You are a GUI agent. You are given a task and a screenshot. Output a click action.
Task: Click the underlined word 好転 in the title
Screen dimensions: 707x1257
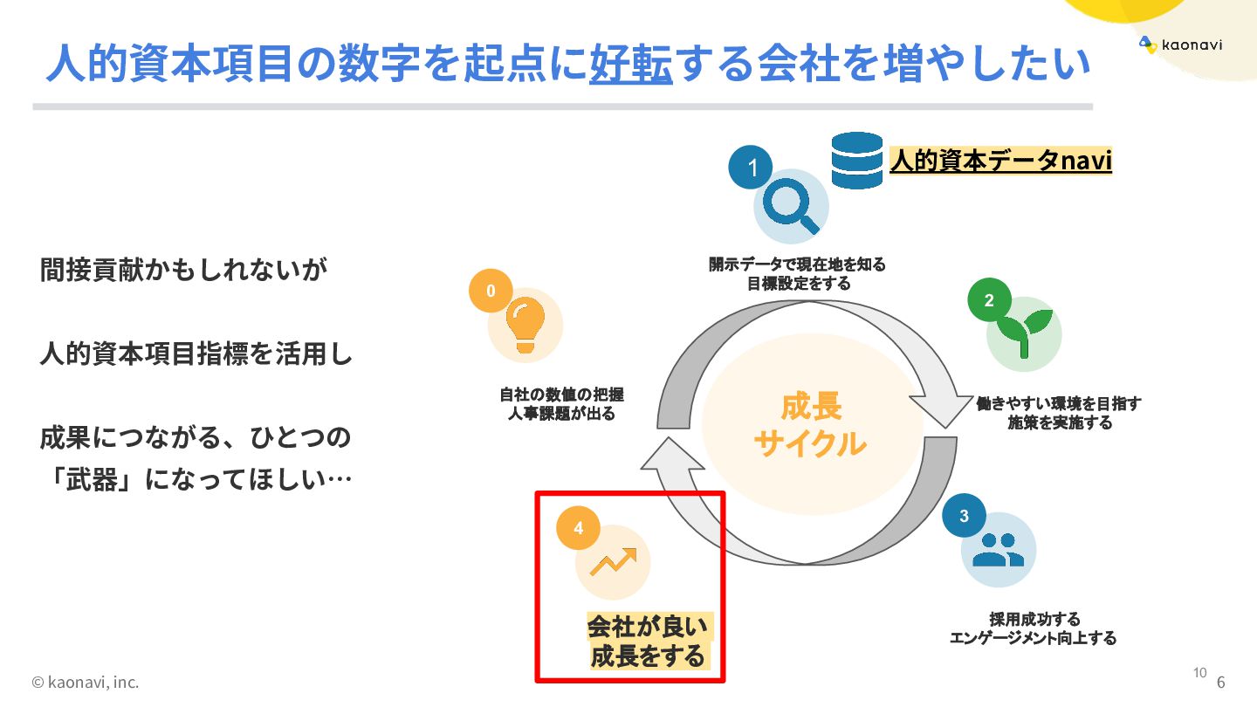coord(630,64)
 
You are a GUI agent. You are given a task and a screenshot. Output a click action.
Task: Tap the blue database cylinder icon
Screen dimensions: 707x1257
coord(856,161)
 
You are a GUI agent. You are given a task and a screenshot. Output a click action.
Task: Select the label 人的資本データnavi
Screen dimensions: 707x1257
coord(1000,161)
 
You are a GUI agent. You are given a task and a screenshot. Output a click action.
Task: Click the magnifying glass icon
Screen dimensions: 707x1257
coord(792,206)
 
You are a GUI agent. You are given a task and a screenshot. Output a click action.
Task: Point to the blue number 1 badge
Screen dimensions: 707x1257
coord(752,168)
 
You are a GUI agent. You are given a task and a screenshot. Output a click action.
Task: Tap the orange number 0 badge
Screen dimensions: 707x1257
coord(491,291)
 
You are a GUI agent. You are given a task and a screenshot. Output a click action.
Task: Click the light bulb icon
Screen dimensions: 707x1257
coord(525,325)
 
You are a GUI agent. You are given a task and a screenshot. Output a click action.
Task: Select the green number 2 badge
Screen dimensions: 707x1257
coord(989,300)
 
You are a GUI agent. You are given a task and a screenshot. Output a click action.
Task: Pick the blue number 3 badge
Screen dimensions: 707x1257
coord(964,516)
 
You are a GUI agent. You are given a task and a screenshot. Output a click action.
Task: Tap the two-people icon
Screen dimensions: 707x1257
coord(999,550)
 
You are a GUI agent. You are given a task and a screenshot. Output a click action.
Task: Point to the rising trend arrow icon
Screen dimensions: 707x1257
coord(613,561)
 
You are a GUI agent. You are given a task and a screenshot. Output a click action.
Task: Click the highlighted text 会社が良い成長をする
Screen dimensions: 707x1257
coord(648,642)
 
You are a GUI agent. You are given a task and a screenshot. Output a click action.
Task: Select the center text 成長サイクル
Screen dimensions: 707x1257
coord(810,425)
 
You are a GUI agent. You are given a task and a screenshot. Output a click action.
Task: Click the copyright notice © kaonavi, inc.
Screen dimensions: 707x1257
coord(85,682)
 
